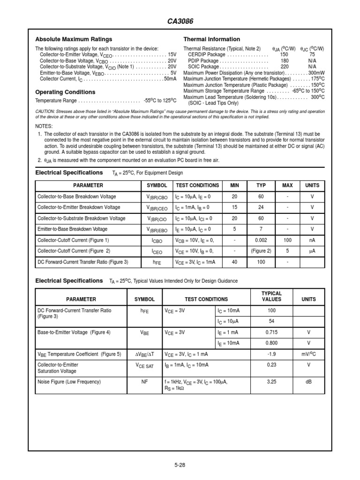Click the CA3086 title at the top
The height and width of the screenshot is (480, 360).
point(180,22)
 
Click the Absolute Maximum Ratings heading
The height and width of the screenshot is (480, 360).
point(74,39)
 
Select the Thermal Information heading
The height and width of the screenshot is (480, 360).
point(211,39)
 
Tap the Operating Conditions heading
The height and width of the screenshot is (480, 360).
point(65,92)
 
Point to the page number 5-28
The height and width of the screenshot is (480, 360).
point(180,465)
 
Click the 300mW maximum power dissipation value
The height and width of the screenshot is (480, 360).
point(316,73)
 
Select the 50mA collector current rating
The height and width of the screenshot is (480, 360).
point(170,79)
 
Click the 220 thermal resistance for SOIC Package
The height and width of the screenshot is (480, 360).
point(285,67)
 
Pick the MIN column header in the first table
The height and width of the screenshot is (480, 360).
point(234,185)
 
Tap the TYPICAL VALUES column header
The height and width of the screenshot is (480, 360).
point(271,296)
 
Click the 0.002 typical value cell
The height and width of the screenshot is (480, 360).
point(261,240)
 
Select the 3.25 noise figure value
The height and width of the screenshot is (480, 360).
point(271,382)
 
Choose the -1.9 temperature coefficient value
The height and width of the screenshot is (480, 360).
point(271,354)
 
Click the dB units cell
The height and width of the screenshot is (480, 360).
point(308,382)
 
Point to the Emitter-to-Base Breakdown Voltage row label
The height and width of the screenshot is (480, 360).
point(73,229)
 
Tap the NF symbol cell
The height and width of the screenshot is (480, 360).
point(144,382)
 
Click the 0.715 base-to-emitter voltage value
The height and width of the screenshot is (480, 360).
point(271,332)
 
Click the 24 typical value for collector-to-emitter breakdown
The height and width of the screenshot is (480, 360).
point(261,207)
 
